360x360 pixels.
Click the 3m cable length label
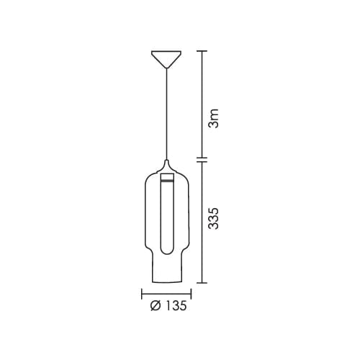pyautogui.click(x=214, y=118)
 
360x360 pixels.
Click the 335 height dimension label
pyautogui.click(x=214, y=218)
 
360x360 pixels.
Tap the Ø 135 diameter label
pyautogui.click(x=168, y=306)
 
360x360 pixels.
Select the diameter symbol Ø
pyautogui.click(x=155, y=306)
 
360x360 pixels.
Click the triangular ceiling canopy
pyautogui.click(x=166, y=59)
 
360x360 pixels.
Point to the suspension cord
pyautogui.click(x=166, y=114)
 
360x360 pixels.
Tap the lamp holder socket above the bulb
pyautogui.click(x=167, y=176)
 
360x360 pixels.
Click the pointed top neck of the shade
pyautogui.click(x=166, y=166)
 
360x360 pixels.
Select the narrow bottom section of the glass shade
pyautogui.click(x=166, y=268)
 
